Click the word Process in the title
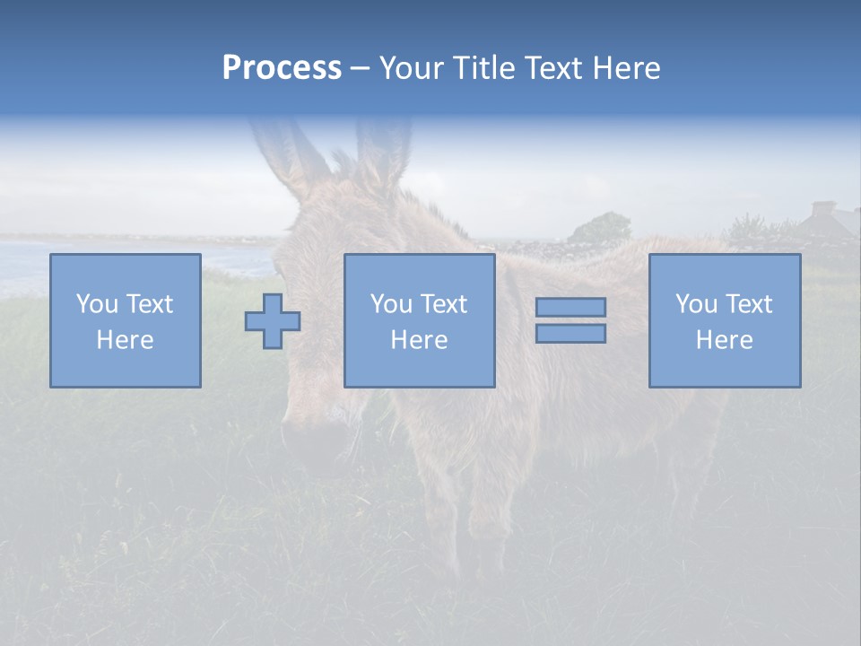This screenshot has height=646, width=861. click(282, 68)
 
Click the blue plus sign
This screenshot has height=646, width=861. click(273, 321)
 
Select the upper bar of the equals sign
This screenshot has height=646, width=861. click(570, 307)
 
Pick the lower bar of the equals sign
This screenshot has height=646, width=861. click(570, 334)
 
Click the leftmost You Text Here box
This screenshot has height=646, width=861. click(125, 320)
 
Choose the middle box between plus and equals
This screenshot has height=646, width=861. click(419, 320)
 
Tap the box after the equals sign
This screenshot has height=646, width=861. click(724, 320)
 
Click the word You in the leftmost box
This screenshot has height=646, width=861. click(96, 304)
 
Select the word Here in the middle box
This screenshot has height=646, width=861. click(419, 340)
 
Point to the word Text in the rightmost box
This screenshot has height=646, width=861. click(748, 304)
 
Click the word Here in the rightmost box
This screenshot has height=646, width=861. click(724, 340)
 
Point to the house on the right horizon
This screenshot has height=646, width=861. click(825, 220)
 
